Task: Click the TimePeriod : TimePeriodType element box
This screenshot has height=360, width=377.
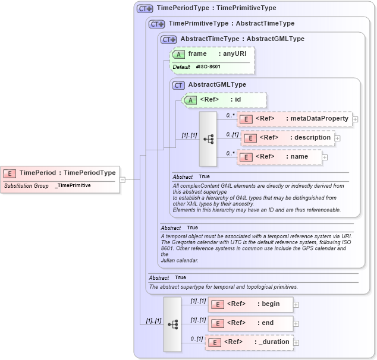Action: point(60,173)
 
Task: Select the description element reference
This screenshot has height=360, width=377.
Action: point(288,138)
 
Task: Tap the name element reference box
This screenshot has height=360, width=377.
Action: point(279,157)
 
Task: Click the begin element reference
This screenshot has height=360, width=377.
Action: point(250,304)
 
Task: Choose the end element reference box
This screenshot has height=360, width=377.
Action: point(250,323)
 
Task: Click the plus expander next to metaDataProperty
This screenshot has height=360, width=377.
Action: point(355,119)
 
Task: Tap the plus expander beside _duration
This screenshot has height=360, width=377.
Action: point(296,342)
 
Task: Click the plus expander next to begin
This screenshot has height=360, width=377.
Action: point(296,304)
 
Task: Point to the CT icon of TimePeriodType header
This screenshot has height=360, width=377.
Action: point(145,9)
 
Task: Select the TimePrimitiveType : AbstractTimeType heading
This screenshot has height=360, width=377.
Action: point(231,24)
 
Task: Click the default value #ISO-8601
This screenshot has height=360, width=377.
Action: point(208,67)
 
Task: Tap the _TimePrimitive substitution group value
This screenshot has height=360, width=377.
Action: point(73,186)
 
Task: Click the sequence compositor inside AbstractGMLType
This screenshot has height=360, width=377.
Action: point(208,138)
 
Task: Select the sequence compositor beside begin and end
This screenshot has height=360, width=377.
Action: point(172,324)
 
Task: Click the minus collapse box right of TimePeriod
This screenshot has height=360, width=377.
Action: point(122,179)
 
